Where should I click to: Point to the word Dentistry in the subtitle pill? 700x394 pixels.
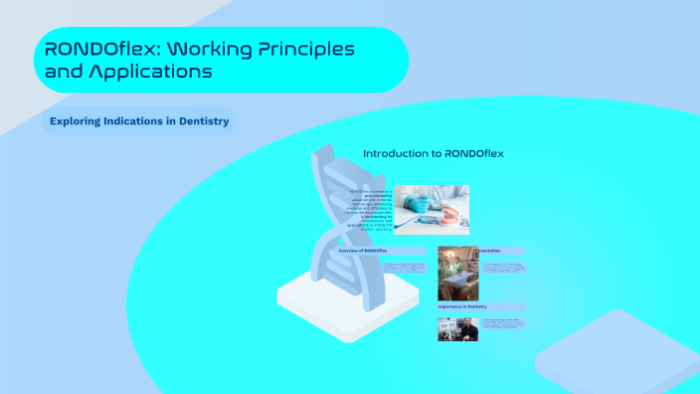[x=199, y=121]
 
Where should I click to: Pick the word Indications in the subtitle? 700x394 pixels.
[x=139, y=121]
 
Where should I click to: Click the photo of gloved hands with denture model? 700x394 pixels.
[x=432, y=209]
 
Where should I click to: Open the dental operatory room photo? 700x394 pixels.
[x=457, y=274]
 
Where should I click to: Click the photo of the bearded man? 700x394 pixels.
[x=457, y=328]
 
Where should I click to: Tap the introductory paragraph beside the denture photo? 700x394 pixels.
[x=369, y=209]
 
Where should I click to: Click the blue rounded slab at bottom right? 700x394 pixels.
[x=621, y=353]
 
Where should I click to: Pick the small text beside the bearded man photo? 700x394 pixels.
[x=502, y=323]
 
